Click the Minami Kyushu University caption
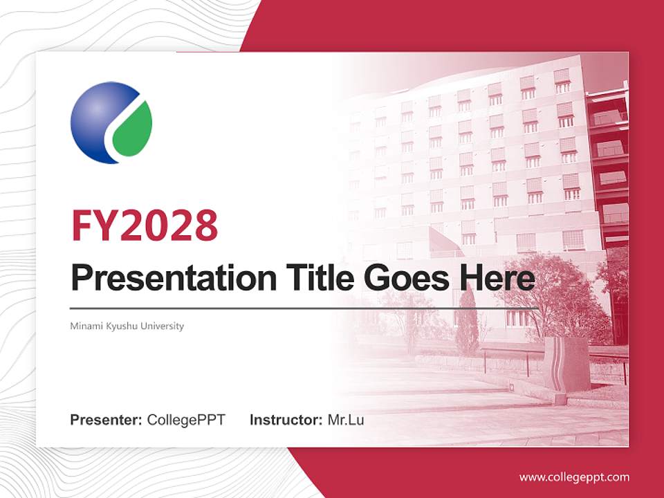[x=127, y=326]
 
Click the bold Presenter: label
[x=107, y=420]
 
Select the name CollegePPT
[x=186, y=420]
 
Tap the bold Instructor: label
[x=286, y=420]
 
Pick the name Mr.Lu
[x=345, y=420]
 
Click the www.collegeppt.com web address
[x=574, y=477]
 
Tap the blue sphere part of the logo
[x=95, y=121]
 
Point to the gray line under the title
[x=304, y=308]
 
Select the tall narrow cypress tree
[x=467, y=322]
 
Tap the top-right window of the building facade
[x=562, y=80]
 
